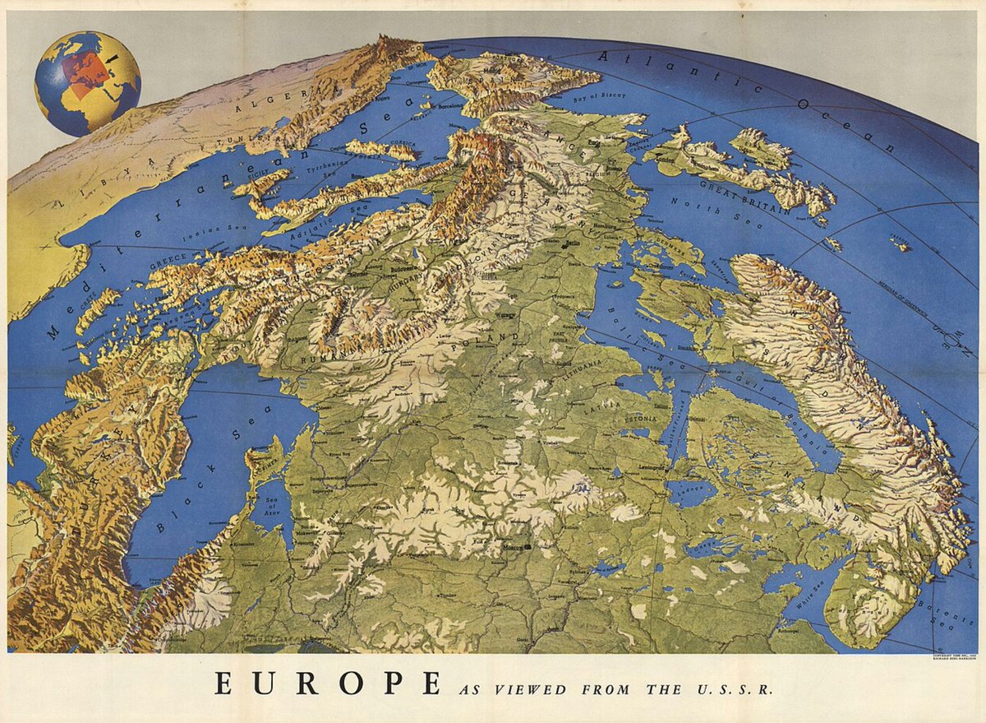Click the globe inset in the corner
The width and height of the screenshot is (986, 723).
point(87,83)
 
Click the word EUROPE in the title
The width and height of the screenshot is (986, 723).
point(325,684)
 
